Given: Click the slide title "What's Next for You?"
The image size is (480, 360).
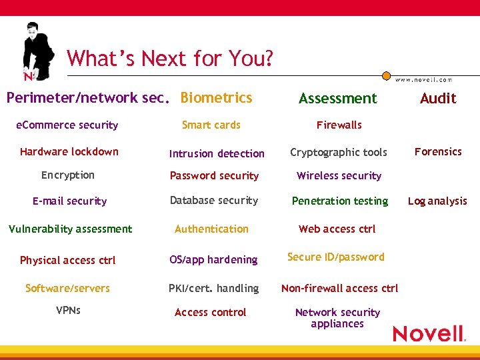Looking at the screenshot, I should tap(170, 59).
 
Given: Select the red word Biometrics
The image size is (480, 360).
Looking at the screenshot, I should tap(216, 98).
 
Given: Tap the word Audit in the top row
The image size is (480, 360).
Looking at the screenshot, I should tap(438, 99).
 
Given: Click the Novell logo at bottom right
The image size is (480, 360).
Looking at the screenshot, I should tap(428, 333).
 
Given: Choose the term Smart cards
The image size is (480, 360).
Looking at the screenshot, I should tap(211, 125).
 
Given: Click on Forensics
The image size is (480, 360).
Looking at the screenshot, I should tap(438, 151).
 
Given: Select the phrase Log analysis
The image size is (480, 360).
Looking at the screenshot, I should tap(437, 201).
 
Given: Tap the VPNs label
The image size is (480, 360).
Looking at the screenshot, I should tap(68, 310).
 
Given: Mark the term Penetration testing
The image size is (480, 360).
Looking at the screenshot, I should tap(339, 201).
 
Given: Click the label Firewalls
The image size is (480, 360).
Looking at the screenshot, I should tap(339, 125).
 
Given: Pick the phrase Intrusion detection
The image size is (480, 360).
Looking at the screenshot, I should tap(217, 153).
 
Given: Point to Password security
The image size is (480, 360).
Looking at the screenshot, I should tap(214, 176).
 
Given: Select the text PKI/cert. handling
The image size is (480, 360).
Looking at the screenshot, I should tap(214, 288).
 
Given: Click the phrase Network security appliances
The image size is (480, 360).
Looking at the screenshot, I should tap(337, 318).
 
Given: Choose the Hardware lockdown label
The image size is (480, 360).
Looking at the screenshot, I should tap(69, 151).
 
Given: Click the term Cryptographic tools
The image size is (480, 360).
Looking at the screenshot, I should tap(338, 152).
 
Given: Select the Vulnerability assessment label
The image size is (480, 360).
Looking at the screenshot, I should tap(70, 229).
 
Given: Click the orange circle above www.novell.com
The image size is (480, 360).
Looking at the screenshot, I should tap(386, 76).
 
